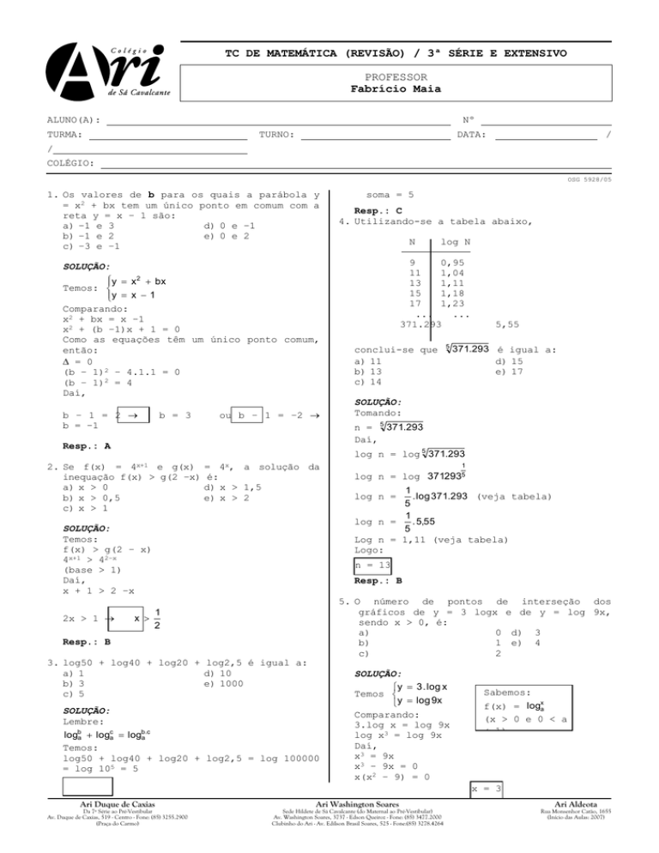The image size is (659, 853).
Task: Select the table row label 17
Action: tap(414, 303)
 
